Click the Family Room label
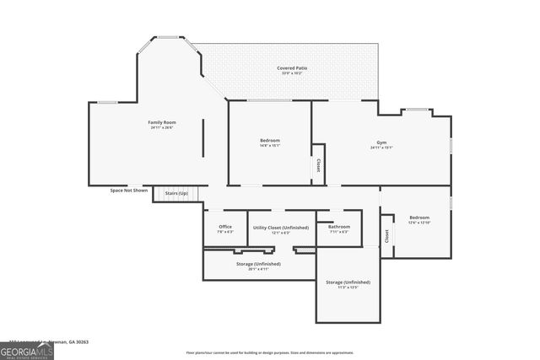(160, 123)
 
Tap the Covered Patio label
(292, 67)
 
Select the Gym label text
(381, 142)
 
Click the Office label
(225, 226)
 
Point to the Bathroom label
(339, 226)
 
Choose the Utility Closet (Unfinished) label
(280, 227)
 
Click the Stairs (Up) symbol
(177, 194)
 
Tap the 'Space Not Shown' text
(129, 191)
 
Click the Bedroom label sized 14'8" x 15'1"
(270, 140)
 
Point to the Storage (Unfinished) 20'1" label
(259, 263)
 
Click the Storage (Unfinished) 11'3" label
(348, 282)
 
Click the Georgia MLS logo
(27, 349)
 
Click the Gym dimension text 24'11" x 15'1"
(381, 148)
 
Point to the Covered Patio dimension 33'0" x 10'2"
(292, 73)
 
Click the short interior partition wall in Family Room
(202, 137)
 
